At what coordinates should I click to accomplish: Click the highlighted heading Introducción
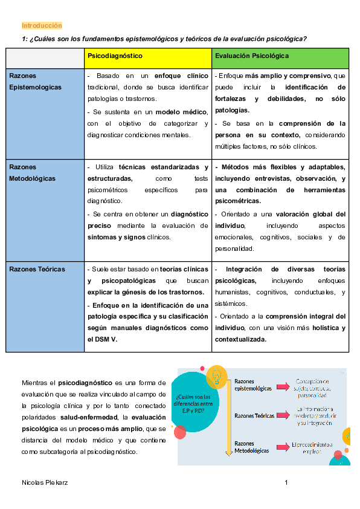coord(42,25)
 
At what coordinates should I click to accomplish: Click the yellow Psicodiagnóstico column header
coord(115,56)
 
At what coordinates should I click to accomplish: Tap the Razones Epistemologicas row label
coord(35,82)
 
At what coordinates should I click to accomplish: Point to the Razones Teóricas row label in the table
coord(37,269)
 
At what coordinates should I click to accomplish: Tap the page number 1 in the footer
coord(286,482)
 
